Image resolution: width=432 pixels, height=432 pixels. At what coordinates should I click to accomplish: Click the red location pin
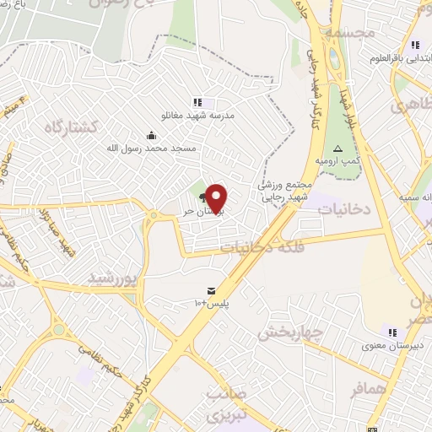click(217, 197)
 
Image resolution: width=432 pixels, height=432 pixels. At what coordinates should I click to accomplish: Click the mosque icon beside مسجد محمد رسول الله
click(151, 134)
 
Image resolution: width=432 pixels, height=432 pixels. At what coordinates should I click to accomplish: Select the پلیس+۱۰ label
click(212, 302)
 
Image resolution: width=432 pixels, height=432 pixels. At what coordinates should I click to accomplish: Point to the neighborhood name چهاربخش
click(291, 332)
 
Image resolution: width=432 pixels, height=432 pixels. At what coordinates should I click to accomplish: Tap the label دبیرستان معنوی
click(386, 345)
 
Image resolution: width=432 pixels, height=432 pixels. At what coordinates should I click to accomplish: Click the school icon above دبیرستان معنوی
click(391, 332)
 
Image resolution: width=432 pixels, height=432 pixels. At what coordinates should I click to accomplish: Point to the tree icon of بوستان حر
click(203, 201)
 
